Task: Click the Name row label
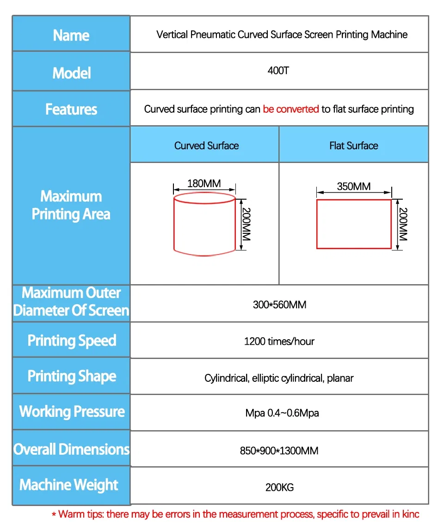71,36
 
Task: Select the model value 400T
278,71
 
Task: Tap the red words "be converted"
291,109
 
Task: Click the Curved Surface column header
206,146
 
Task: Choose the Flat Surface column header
354,146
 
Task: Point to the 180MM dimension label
204,183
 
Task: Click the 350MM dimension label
354,186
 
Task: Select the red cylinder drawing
204,224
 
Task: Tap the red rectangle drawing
354,225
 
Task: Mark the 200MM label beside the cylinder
246,225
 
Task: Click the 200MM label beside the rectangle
403,225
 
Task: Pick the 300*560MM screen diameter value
279,305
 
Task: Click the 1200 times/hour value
279,342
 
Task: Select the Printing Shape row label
72,376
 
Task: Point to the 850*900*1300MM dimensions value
279,450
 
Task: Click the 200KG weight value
279,487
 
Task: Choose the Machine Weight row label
69,485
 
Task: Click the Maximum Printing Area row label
71,205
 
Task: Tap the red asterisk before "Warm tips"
54,515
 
